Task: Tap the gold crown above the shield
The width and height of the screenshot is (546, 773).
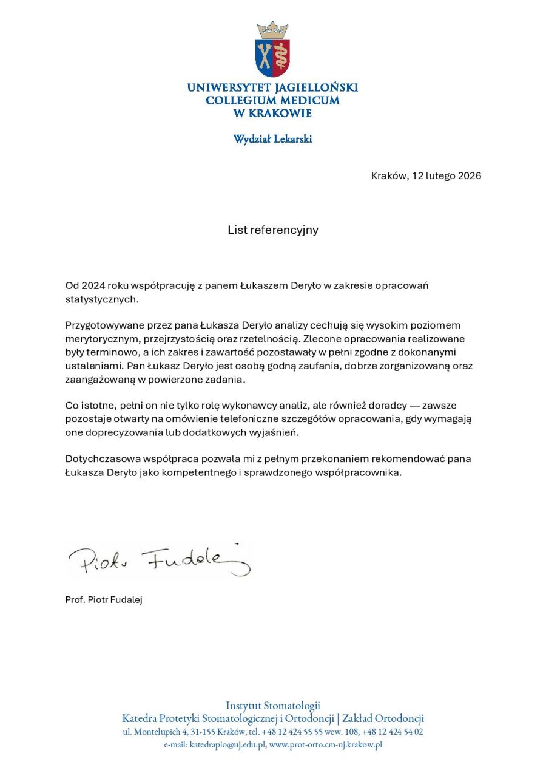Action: (272, 29)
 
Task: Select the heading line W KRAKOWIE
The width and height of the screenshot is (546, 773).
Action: (272, 113)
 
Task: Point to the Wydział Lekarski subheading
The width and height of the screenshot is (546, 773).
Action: (272, 139)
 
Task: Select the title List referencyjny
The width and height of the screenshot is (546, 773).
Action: (273, 230)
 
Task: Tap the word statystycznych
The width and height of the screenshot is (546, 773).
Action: (102, 299)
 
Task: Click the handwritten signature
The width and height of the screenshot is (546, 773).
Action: (158, 559)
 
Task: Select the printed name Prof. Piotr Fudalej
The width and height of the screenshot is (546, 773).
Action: (104, 600)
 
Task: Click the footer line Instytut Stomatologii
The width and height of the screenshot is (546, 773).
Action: (273, 706)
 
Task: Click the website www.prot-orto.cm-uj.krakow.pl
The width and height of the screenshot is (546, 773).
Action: (325, 744)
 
